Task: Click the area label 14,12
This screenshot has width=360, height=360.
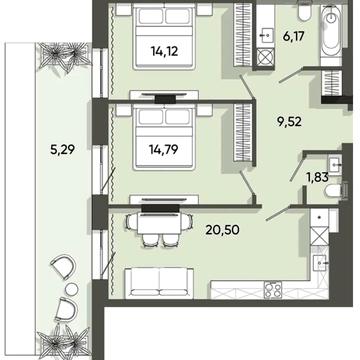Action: tap(165, 51)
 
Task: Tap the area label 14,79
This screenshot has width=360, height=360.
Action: tap(163, 149)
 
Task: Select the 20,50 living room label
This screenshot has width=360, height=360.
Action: tap(222, 230)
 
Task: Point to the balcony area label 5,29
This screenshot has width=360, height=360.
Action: tap(62, 150)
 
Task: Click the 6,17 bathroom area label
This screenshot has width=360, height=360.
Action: tap(293, 36)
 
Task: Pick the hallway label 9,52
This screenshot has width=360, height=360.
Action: tap(290, 122)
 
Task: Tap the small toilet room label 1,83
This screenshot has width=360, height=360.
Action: tap(317, 177)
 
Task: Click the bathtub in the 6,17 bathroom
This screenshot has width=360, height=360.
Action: tap(331, 34)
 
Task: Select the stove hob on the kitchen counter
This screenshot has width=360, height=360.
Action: tap(273, 290)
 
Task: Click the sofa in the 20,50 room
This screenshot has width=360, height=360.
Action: tap(159, 282)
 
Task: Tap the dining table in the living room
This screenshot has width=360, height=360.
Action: tap(159, 224)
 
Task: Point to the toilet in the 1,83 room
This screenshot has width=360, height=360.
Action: tap(333, 191)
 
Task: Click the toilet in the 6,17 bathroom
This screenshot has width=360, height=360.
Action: tap(305, 11)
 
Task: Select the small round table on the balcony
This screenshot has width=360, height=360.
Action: tap(71, 289)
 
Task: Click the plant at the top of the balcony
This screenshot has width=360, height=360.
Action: tap(65, 57)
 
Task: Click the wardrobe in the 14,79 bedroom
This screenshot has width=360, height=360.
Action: tap(242, 134)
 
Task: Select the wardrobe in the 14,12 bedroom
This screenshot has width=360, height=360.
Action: tap(242, 35)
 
